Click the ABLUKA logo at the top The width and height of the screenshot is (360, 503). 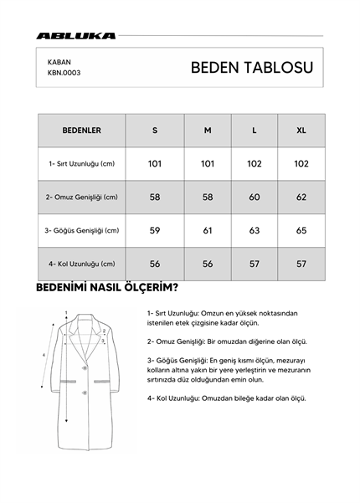[76, 36]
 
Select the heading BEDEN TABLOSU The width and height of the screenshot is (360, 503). [252, 68]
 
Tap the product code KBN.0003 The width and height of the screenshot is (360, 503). [64, 73]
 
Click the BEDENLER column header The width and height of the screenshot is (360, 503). [82, 131]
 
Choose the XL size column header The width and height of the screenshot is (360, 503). [301, 131]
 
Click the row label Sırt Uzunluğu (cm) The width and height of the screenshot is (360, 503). [82, 164]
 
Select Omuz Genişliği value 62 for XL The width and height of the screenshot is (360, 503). [301, 198]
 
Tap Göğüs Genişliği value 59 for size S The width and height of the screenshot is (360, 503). [155, 230]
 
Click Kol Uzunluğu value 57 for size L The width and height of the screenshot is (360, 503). [255, 264]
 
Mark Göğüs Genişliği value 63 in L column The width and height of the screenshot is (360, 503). [255, 230]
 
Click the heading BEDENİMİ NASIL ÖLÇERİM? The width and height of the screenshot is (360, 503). [106, 290]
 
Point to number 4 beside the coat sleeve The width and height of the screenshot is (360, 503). [44, 355]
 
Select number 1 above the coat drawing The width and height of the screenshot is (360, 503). [65, 312]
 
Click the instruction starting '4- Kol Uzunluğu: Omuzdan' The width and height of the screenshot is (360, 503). [226, 398]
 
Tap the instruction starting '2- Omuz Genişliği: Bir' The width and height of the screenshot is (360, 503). [226, 341]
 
